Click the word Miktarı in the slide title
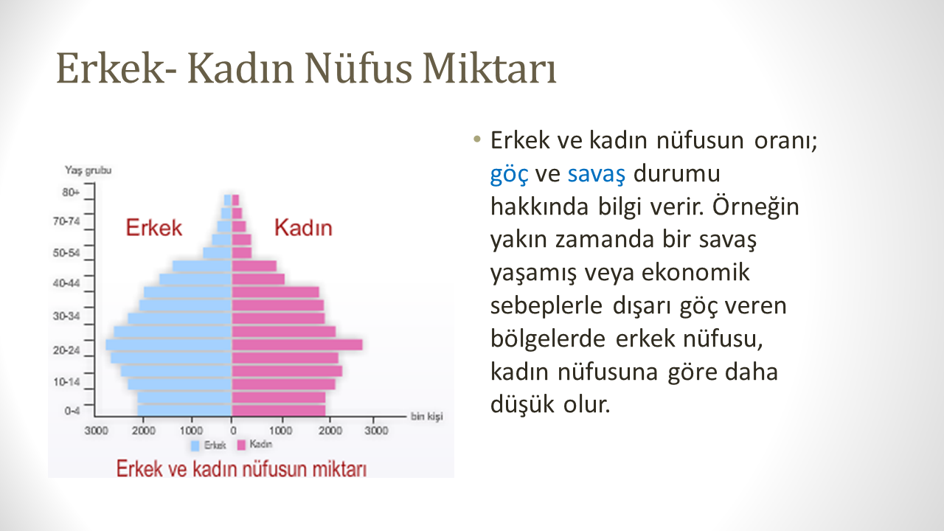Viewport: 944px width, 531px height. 490,69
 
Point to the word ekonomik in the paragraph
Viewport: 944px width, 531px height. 695,272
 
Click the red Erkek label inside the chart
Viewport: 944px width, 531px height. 154,228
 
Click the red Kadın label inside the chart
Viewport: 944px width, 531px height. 303,228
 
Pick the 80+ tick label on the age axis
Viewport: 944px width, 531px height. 70,192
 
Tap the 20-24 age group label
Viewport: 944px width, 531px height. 66,350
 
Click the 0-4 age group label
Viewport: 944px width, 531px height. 72,411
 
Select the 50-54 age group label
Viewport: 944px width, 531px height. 66,253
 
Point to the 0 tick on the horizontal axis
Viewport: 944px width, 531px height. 233,431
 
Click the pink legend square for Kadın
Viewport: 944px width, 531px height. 241,445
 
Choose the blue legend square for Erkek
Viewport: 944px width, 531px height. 195,446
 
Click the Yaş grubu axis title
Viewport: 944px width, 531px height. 88,170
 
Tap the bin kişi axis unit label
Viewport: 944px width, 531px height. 427,417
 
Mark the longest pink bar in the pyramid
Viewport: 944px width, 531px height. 297,344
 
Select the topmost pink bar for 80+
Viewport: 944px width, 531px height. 235,200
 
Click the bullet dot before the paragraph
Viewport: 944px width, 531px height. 477,139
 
